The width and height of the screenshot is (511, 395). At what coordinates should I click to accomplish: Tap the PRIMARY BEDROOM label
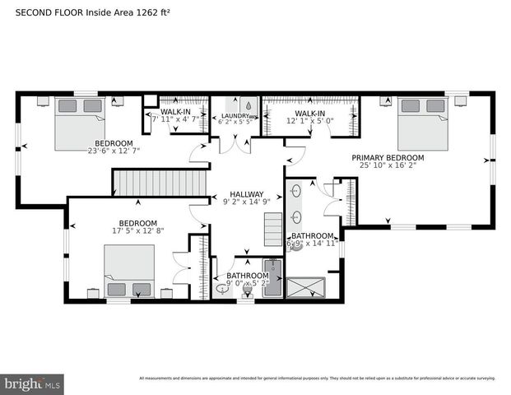pos(388,158)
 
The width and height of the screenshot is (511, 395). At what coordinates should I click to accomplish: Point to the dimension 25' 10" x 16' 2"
pos(388,166)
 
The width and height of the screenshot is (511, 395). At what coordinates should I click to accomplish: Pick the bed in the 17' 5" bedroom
pos(128,271)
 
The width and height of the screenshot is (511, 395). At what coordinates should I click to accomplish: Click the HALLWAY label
pos(246,195)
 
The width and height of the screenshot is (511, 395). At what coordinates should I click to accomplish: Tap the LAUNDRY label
pos(235,116)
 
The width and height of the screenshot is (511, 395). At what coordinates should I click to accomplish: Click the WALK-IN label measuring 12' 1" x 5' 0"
pos(310,113)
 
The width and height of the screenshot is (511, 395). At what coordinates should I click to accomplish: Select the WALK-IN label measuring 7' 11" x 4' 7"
pos(175,111)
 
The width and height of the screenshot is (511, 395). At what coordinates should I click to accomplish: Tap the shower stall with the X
pos(304,288)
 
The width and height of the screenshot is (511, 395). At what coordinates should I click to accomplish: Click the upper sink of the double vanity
pos(295,191)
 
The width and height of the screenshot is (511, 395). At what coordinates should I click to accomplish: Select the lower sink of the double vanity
pos(295,219)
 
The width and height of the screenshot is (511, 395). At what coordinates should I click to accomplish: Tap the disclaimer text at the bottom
pos(317,379)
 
